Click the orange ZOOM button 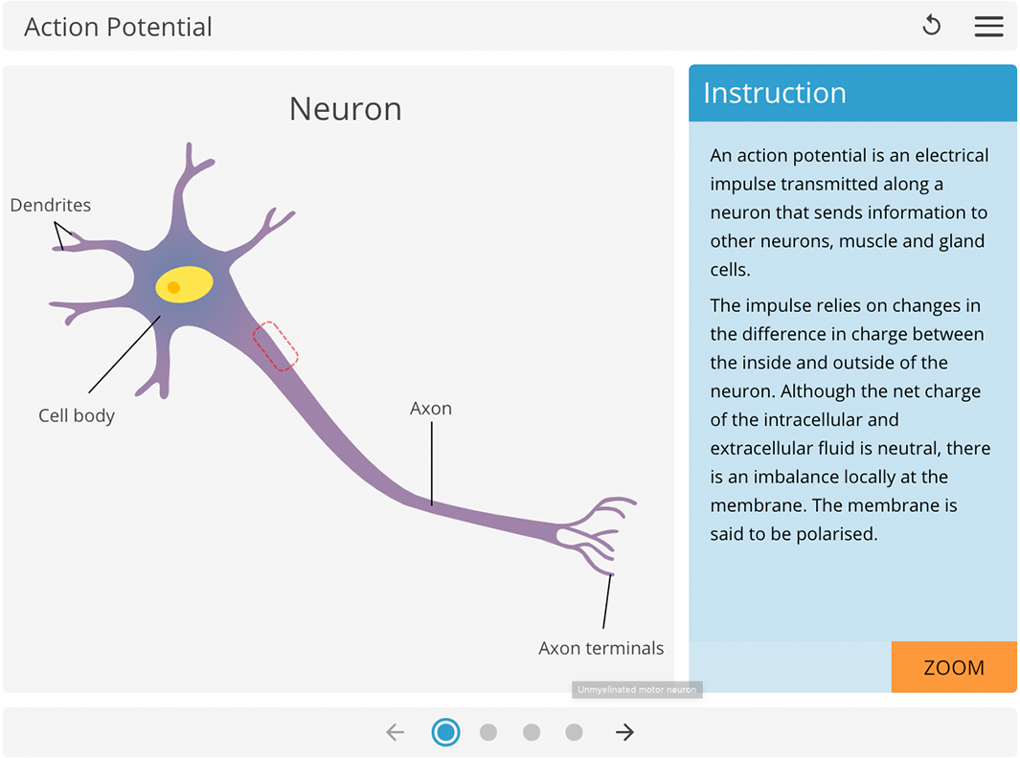pyautogui.click(x=953, y=667)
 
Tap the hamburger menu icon pyautogui.click(x=988, y=27)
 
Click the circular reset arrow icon pyautogui.click(x=931, y=26)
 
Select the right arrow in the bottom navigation pyautogui.click(x=624, y=732)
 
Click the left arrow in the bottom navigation pyautogui.click(x=395, y=732)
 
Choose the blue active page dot pyautogui.click(x=445, y=732)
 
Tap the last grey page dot pyautogui.click(x=574, y=732)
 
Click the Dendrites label pyautogui.click(x=51, y=205)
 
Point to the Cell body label pyautogui.click(x=77, y=415)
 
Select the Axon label pyautogui.click(x=431, y=409)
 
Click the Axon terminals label pyautogui.click(x=601, y=648)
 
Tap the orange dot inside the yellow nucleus pyautogui.click(x=173, y=287)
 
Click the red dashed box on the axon pyautogui.click(x=276, y=346)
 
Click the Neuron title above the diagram pyautogui.click(x=345, y=109)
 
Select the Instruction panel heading pyautogui.click(x=775, y=93)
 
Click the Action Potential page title pyautogui.click(x=118, y=27)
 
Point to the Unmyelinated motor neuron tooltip pyautogui.click(x=637, y=689)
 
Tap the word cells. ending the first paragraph pyautogui.click(x=730, y=270)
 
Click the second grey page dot pyautogui.click(x=532, y=732)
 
